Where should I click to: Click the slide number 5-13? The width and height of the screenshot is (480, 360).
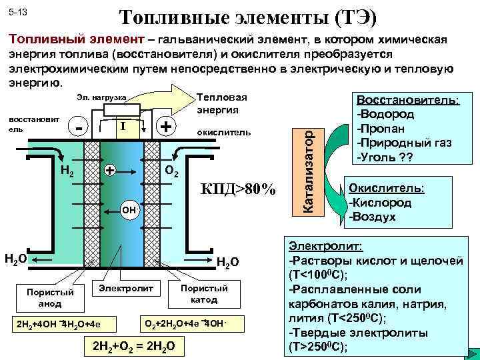[18, 13]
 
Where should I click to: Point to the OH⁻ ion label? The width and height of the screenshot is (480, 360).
[131, 212]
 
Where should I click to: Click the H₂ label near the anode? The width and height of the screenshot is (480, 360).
[67, 172]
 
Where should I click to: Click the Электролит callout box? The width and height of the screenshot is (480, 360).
[126, 287]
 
